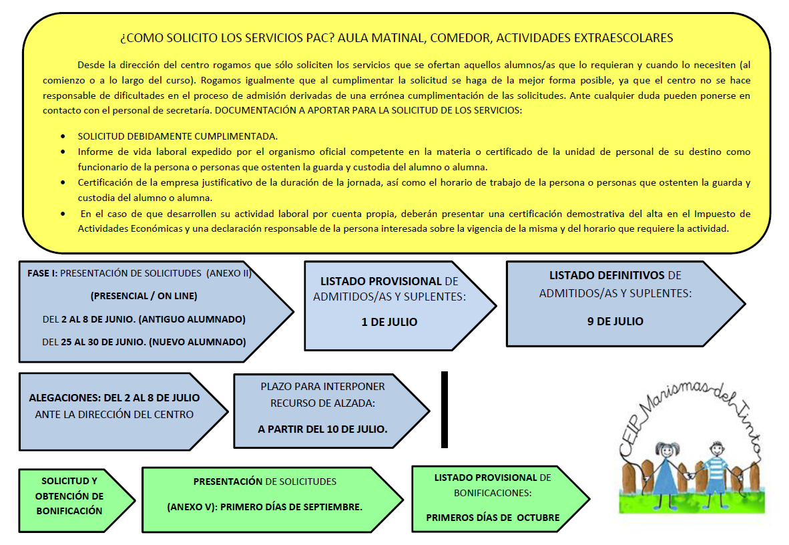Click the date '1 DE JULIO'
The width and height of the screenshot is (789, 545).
(x=389, y=322)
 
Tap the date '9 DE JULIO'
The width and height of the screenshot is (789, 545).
(x=615, y=321)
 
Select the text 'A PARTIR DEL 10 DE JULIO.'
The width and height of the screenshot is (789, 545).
(x=322, y=429)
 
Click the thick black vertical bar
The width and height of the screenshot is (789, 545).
(x=445, y=409)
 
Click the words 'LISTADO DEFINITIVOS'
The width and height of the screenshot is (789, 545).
(x=606, y=275)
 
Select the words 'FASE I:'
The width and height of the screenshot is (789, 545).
(x=42, y=273)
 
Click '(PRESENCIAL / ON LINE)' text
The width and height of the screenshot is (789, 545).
(x=144, y=296)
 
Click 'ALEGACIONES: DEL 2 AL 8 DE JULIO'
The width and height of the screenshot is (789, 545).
(x=114, y=398)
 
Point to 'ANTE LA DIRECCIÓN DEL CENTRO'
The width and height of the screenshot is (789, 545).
(x=114, y=415)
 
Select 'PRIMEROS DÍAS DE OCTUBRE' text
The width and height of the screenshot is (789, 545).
(x=493, y=518)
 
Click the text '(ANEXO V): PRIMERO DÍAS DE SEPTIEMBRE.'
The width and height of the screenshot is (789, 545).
(x=265, y=507)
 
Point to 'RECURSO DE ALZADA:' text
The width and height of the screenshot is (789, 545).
(x=322, y=403)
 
